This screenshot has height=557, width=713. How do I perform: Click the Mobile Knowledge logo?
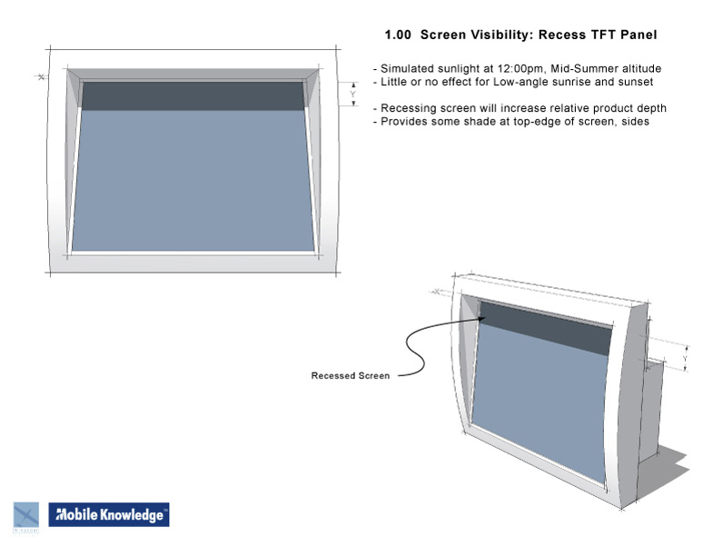(109, 514)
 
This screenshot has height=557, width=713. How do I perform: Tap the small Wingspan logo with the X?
(26, 516)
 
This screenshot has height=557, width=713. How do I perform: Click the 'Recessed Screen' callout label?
(351, 376)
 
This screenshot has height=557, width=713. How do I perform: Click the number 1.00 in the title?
(398, 35)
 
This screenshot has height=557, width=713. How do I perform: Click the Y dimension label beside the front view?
(352, 94)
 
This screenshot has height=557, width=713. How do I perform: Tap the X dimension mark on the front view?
(42, 77)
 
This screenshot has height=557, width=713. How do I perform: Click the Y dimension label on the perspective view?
(685, 359)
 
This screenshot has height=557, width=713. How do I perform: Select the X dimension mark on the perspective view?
(437, 292)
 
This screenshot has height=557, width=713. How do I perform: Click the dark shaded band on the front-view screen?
(193, 96)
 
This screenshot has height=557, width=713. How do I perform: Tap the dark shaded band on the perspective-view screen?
(546, 329)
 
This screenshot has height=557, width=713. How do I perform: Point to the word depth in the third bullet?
(652, 109)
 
